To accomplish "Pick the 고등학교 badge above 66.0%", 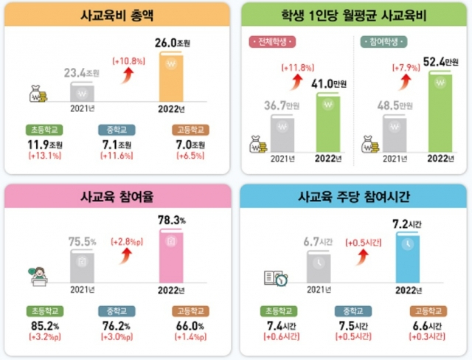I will click(x=189, y=311).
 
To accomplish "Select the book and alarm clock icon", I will click(x=276, y=279).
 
